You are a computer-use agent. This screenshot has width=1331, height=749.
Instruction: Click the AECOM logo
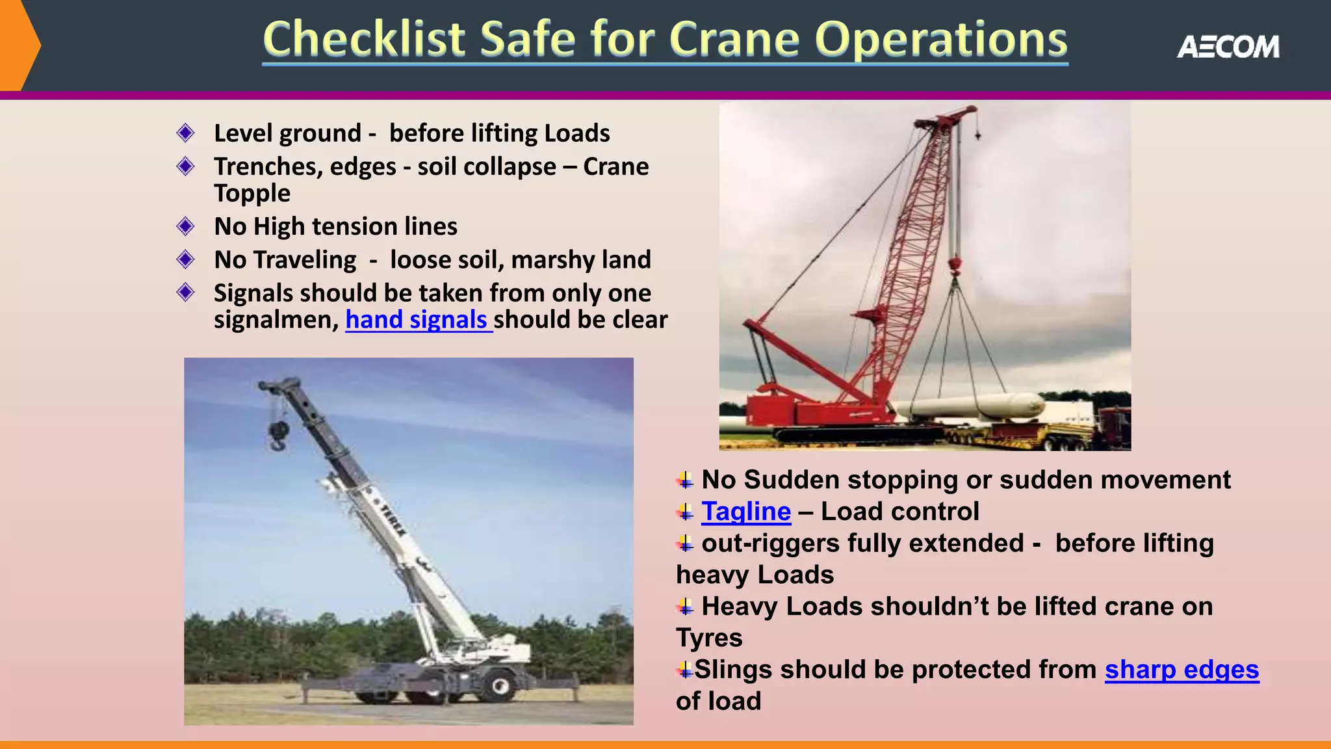1228,47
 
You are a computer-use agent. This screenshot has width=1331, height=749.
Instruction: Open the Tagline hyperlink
746,512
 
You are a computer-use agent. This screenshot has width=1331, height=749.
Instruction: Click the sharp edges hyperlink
1182,670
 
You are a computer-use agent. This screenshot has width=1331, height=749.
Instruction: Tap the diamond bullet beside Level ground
185,133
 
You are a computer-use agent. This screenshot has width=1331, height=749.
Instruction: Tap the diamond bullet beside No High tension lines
185,226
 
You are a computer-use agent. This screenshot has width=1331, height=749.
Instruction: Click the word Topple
252,193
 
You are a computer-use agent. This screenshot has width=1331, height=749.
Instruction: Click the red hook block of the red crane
955,265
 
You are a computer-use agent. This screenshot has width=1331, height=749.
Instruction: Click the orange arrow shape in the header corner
19,46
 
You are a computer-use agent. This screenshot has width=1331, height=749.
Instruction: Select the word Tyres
709,638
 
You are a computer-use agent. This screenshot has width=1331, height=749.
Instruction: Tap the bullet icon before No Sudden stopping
685,480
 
